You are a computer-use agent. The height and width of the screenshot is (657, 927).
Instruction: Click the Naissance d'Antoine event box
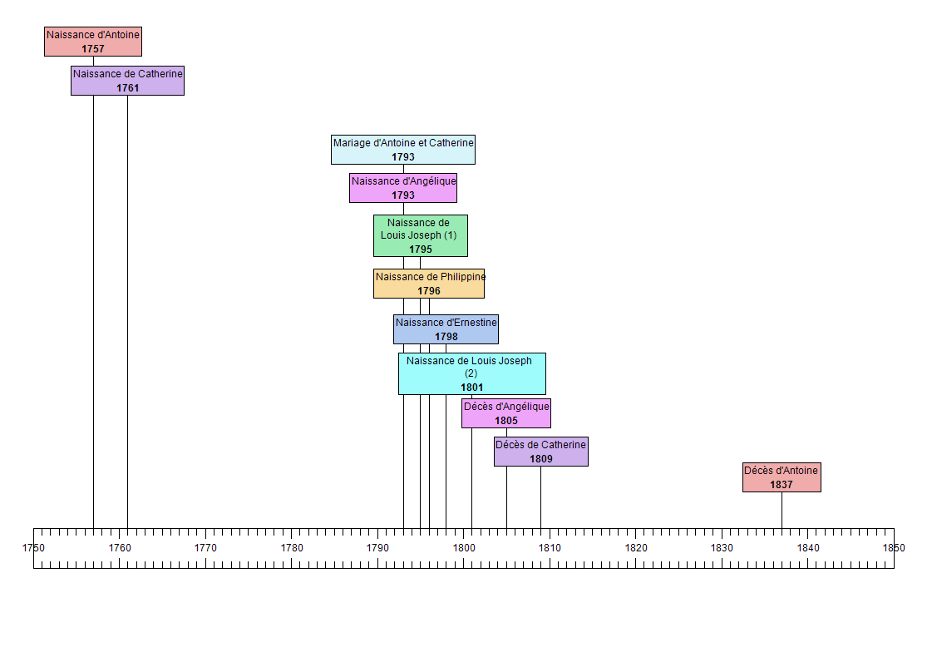click(93, 42)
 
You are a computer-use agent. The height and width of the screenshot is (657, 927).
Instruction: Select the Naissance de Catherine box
click(127, 81)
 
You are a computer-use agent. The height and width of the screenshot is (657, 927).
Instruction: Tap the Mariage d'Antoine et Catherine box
click(403, 150)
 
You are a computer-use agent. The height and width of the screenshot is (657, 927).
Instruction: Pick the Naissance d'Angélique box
click(403, 188)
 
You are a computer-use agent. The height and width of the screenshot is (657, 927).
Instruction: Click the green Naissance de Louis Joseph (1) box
click(420, 235)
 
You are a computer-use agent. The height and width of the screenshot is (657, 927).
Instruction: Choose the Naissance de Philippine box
click(429, 284)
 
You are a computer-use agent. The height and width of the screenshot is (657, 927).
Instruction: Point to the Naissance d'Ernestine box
click(446, 329)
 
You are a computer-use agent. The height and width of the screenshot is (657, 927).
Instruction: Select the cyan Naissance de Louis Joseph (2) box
click(471, 373)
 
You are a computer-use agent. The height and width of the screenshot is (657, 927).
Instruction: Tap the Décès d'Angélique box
click(506, 413)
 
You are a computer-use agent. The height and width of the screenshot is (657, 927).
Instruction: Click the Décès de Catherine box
click(540, 452)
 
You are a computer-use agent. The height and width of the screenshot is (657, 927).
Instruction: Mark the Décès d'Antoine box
click(782, 477)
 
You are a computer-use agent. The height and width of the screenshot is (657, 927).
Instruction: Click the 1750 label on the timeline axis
click(33, 548)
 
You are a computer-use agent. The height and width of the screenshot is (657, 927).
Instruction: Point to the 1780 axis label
click(292, 548)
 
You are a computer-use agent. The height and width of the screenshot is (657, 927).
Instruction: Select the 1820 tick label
click(636, 548)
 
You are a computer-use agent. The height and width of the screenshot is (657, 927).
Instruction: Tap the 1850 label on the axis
click(894, 548)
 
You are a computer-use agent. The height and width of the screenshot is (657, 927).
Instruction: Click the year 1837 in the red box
click(782, 485)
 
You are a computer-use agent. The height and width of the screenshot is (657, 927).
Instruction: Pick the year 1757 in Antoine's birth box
click(93, 49)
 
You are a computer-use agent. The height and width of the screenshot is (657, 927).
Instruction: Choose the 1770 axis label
click(205, 548)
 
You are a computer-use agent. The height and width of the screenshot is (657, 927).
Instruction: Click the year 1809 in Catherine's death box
click(540, 459)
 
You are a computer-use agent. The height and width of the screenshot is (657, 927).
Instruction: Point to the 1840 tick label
click(808, 548)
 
